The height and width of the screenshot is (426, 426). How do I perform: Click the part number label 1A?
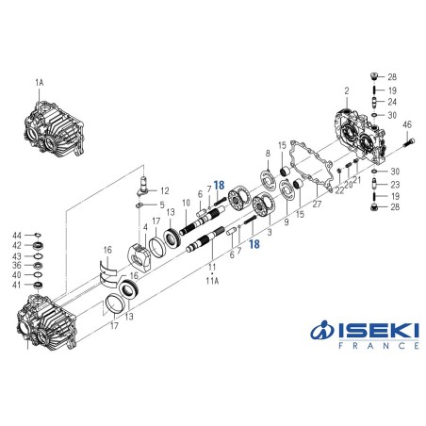coord(40,83)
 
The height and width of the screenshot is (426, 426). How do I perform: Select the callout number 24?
coord(392,102)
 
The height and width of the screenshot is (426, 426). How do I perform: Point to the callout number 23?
coord(394,184)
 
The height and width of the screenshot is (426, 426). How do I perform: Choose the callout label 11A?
coord(212,280)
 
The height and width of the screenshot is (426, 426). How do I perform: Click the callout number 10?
coord(187,203)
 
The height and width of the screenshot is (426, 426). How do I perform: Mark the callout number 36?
coord(17,265)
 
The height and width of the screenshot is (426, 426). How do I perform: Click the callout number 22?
coord(338,190)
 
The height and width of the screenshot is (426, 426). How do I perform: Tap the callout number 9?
coord(285,223)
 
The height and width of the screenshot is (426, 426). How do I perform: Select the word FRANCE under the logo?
coord(369,346)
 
